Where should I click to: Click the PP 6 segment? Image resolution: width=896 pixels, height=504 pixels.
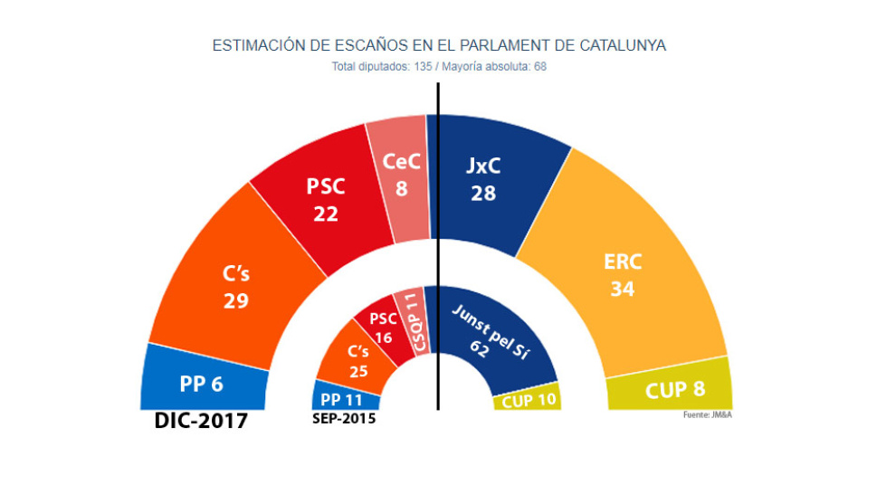point(204,384)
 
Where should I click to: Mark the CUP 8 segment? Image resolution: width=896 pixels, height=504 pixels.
point(670,391)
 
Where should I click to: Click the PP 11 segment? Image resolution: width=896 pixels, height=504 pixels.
point(344,397)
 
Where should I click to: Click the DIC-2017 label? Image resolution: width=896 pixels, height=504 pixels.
point(201,422)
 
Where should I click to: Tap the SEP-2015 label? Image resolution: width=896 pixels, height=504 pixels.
point(344,419)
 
